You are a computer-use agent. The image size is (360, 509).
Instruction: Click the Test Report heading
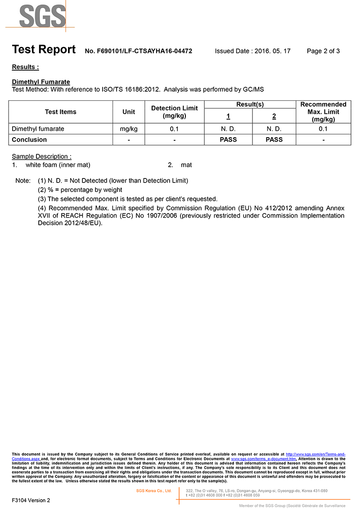[44, 49]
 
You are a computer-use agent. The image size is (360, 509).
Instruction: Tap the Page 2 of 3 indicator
[323, 51]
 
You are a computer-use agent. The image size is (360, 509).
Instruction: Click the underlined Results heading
[25, 67]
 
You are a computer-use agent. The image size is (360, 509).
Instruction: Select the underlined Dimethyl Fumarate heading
[41, 82]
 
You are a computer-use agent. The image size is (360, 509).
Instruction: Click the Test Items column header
[61, 112]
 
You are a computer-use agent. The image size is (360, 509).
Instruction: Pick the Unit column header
[129, 112]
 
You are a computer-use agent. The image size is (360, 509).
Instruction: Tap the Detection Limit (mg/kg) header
[175, 112]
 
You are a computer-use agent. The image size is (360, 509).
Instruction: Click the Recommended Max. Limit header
[323, 112]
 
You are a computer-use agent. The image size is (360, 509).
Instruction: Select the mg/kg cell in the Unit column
[129, 129]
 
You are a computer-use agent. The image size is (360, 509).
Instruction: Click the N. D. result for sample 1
[228, 129]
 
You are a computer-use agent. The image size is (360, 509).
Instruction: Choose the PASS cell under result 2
[274, 139]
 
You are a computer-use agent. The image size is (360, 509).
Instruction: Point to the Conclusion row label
[29, 139]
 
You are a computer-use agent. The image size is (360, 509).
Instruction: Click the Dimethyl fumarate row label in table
[38, 129]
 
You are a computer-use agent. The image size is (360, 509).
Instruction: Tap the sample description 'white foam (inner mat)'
[58, 165]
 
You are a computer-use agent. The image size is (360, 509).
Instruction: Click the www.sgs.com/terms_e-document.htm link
[264, 459]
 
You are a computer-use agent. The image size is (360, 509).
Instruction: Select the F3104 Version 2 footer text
[31, 500]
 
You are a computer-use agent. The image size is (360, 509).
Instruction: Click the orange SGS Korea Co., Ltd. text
[154, 491]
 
